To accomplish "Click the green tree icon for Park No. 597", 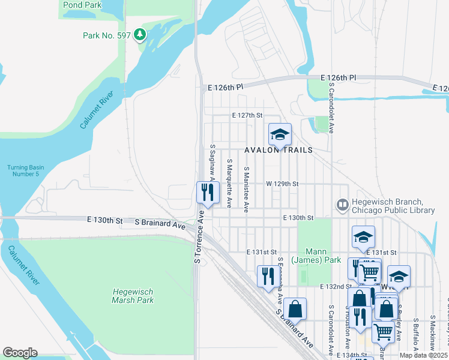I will (x=140, y=35).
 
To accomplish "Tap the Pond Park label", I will (x=82, y=5).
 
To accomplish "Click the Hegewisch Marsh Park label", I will (x=133, y=296).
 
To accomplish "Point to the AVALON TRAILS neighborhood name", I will (x=278, y=150).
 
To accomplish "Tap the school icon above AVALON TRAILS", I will (x=279, y=134).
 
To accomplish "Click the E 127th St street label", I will (x=248, y=115).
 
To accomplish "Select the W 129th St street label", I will (x=282, y=184).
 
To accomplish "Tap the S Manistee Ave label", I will (x=246, y=188).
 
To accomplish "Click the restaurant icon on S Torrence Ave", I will (x=207, y=193).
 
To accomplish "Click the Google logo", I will (x=20, y=353).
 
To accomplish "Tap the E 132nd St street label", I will (x=334, y=287).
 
